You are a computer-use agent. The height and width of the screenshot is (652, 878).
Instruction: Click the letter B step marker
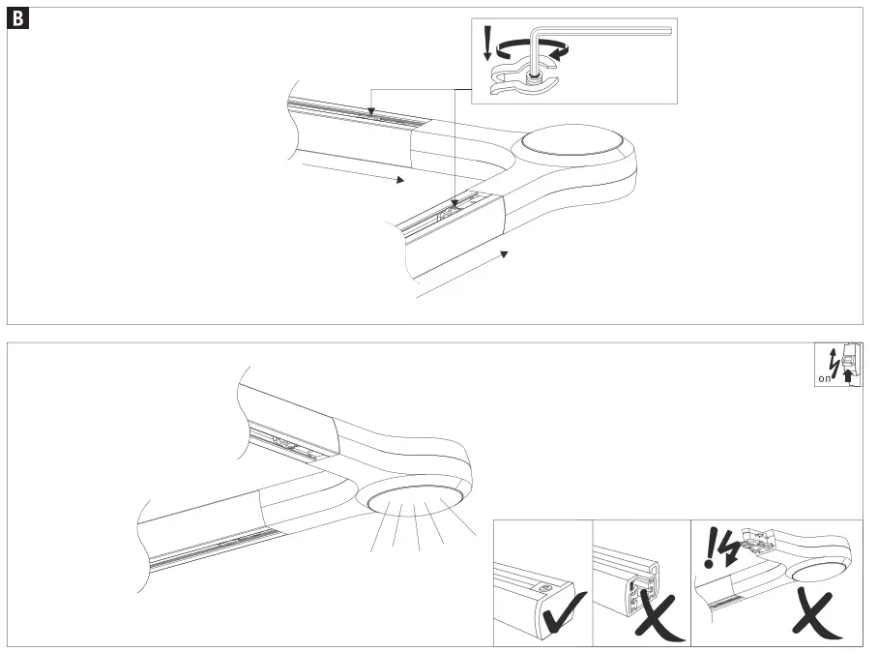click(x=17, y=18)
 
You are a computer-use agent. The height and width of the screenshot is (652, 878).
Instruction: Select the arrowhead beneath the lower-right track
click(x=503, y=253)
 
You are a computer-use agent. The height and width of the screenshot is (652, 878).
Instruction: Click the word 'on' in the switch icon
click(x=824, y=380)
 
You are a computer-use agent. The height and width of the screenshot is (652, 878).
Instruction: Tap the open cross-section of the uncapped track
click(x=642, y=590)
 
